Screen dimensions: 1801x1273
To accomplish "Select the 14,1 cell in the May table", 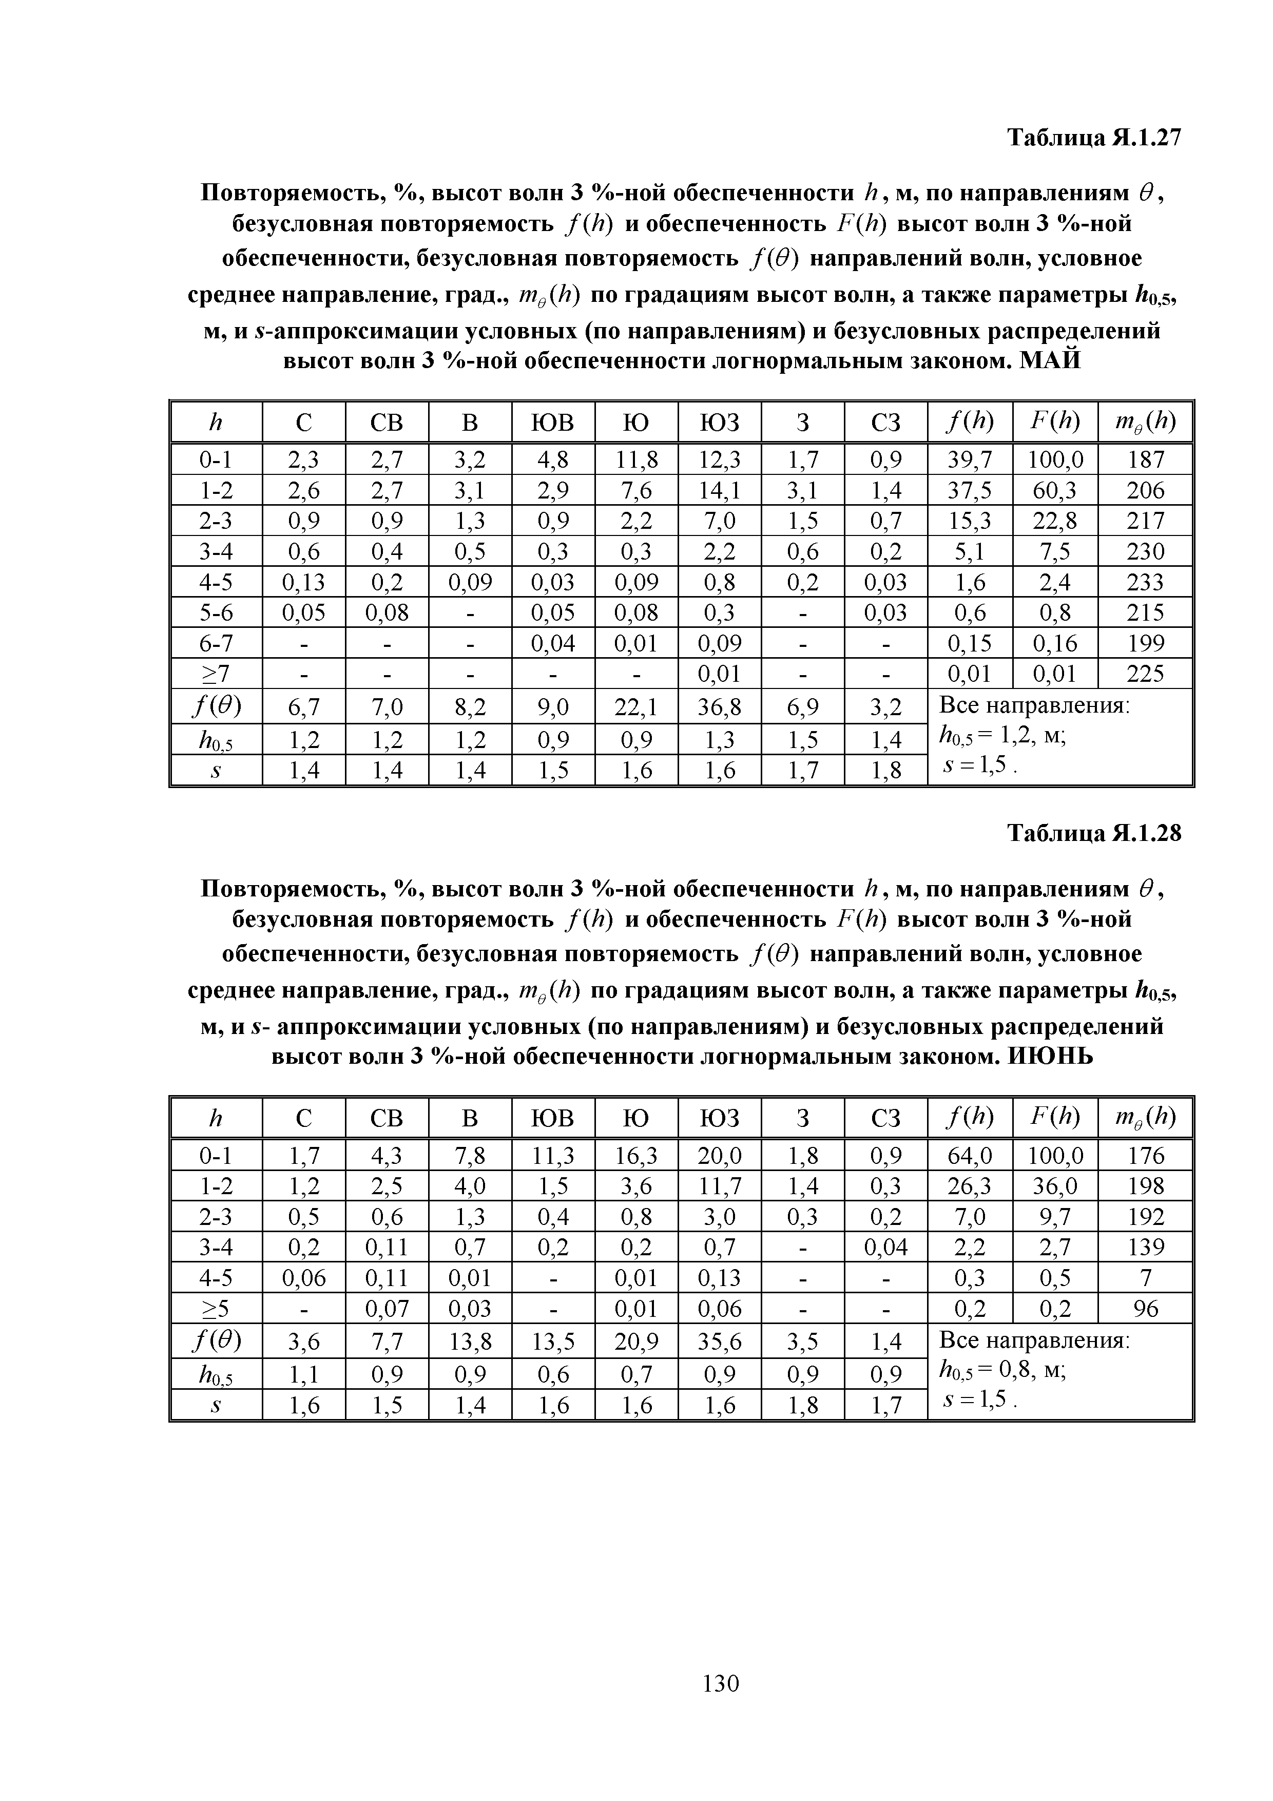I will pos(719,490).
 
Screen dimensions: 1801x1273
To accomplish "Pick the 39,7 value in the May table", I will pos(970,459).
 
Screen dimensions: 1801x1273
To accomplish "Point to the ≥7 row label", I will pos(216,674).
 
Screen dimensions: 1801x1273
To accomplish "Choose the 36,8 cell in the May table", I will pos(719,708).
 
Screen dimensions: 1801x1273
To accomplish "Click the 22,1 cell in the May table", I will pos(636,708).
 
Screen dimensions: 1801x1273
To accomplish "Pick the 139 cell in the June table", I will pos(1145,1247).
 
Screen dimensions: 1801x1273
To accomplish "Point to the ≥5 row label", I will pos(216,1308).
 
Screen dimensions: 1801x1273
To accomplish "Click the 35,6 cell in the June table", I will pos(719,1342).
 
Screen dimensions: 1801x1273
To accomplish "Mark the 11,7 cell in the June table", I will pos(719,1185).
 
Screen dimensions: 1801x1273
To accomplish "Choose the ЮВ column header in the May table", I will pos(553,423).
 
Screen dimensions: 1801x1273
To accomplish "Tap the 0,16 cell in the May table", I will pos(1055,643).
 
